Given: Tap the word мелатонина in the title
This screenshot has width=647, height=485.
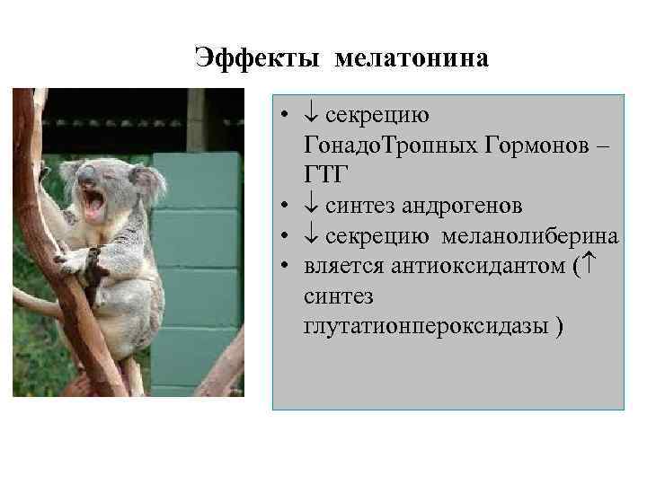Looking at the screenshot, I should tap(413, 59).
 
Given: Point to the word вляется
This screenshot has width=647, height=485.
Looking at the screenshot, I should tap(341, 265).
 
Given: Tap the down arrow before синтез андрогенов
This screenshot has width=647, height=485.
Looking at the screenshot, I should tap(309, 206).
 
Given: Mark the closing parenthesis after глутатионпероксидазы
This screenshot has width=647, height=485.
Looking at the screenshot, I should tap(560, 325).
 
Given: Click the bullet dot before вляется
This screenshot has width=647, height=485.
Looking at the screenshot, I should tap(283, 266).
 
